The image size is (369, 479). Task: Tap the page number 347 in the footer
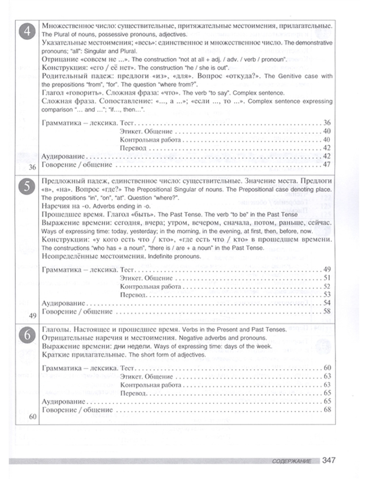(x=328, y=460)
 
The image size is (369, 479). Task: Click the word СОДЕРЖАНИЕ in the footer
(x=292, y=461)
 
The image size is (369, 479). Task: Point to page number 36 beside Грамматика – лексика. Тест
(x=327, y=123)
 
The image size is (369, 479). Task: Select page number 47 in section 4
(x=327, y=165)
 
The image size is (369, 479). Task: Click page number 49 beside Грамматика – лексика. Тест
(x=327, y=270)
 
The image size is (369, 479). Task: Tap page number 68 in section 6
(x=327, y=410)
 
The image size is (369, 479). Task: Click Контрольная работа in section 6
(x=151, y=385)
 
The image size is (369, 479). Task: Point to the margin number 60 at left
(x=32, y=417)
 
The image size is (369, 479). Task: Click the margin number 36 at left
(x=32, y=168)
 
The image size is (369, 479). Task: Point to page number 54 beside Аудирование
(x=327, y=303)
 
